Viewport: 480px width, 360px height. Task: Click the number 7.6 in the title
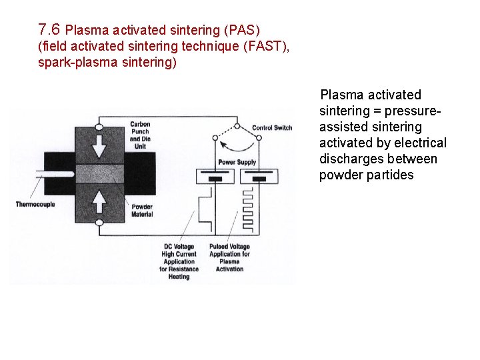pyautogui.click(x=49, y=29)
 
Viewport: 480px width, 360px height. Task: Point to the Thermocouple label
pyautogui.click(x=35, y=204)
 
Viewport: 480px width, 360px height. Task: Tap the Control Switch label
pyautogui.click(x=273, y=128)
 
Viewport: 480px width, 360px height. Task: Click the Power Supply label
pyautogui.click(x=237, y=163)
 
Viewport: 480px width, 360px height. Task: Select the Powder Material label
pyautogui.click(x=141, y=211)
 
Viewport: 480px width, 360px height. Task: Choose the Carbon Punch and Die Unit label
pyautogui.click(x=140, y=135)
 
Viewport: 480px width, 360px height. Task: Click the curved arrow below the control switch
pyautogui.click(x=237, y=145)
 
